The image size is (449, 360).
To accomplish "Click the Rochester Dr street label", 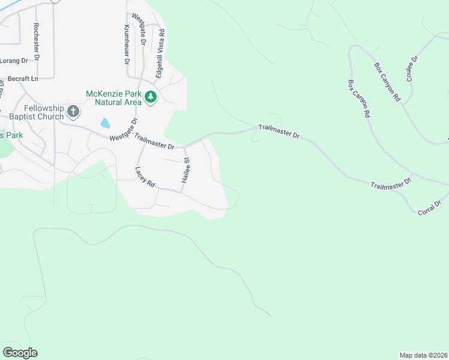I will click(37, 41).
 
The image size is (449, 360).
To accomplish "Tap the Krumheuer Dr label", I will click(127, 45).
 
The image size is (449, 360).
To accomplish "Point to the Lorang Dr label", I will click(14, 61).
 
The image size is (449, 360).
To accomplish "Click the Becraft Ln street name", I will click(23, 79).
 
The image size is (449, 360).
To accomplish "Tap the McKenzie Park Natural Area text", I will click(113, 98).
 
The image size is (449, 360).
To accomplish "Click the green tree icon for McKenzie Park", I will click(150, 96).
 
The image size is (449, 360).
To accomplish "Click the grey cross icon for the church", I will click(73, 111).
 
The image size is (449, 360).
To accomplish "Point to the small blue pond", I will click(106, 123).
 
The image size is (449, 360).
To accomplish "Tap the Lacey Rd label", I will click(145, 178).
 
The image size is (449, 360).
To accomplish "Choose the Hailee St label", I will click(186, 171).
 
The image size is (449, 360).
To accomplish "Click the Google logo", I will click(20, 353).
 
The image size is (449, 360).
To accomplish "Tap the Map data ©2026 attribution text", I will click(423, 355).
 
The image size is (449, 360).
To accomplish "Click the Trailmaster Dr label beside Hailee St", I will click(154, 142).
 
